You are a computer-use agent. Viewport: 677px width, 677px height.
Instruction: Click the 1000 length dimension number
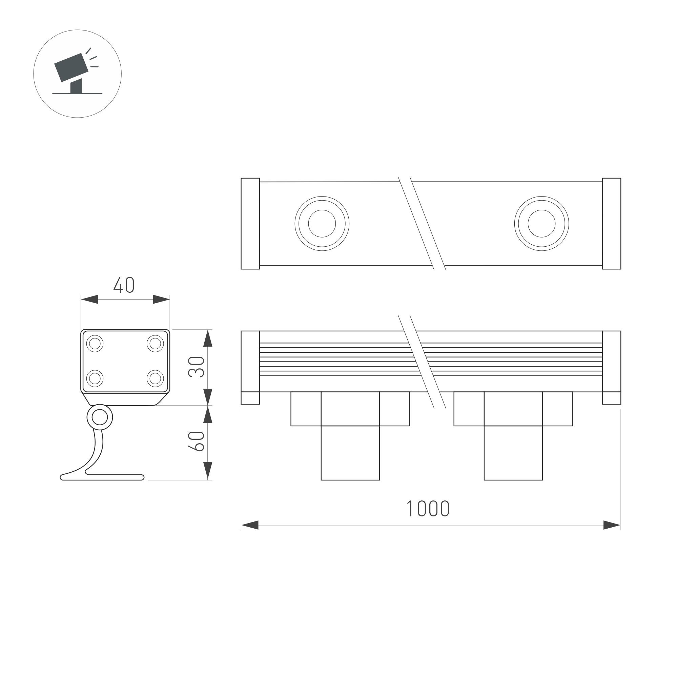click(428, 509)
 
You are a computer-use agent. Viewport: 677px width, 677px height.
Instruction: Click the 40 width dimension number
click(124, 285)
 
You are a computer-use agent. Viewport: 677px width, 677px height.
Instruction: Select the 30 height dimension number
click(197, 367)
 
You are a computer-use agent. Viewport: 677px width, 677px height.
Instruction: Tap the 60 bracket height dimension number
click(197, 441)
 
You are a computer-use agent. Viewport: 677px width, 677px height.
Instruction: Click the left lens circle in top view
click(322, 224)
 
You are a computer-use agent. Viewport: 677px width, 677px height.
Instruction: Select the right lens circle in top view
click(541, 224)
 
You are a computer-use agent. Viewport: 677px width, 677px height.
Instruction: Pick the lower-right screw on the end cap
click(155, 378)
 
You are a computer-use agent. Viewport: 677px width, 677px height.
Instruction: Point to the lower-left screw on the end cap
click(95, 378)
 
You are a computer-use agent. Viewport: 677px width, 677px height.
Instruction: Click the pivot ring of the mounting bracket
click(100, 418)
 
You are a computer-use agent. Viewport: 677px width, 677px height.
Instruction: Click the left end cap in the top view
click(250, 224)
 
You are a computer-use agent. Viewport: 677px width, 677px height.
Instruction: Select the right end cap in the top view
click(612, 224)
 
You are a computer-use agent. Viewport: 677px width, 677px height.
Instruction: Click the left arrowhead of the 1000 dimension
click(249, 525)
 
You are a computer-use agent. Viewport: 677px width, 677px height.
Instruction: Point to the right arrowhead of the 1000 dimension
click(612, 525)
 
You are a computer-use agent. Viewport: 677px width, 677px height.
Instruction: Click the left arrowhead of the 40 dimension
click(90, 299)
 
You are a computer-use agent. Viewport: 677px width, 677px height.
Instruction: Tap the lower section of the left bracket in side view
click(350, 453)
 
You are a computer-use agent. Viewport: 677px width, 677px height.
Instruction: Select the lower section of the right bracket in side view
click(513, 453)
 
